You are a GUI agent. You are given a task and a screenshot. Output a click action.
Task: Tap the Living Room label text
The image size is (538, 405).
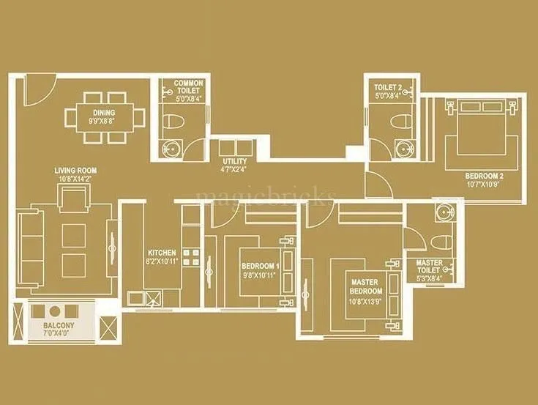pos(75,171)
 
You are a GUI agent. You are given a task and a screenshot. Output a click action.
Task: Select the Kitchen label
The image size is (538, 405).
pos(160,252)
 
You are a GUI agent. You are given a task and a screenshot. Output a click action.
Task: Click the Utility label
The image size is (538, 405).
pos(235,162)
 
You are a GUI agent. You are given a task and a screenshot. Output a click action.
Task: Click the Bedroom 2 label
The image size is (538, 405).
pos(484,177)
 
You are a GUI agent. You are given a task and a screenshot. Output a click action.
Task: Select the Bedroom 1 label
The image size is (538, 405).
pos(260,267)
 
